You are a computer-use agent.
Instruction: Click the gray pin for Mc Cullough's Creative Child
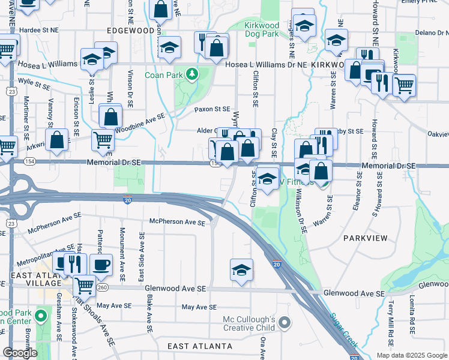[285, 323]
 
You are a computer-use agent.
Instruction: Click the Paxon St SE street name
[212, 109]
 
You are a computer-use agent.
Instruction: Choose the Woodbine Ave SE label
[140, 122]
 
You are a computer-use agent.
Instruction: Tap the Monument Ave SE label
[122, 254]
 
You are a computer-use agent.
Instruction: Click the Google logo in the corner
[20, 353]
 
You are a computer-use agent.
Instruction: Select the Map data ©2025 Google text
[412, 355]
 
